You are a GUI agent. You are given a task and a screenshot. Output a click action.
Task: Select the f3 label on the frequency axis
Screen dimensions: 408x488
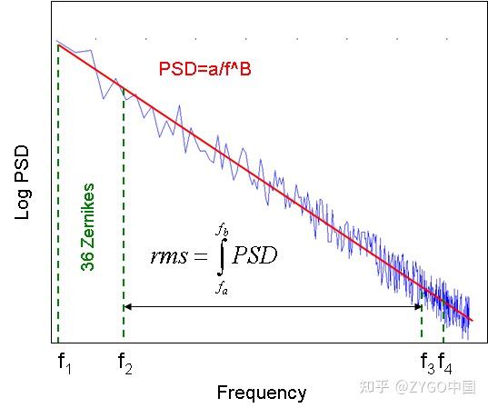427,363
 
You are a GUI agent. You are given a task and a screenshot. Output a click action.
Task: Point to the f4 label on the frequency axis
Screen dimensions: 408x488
445,363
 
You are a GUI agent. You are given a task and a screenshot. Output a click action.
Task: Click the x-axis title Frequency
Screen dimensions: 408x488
262,393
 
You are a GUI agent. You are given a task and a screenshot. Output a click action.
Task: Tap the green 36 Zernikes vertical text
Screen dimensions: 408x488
87,228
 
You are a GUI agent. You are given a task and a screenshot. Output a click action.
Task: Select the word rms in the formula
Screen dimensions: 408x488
168,256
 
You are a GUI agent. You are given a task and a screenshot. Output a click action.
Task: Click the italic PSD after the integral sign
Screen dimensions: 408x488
254,255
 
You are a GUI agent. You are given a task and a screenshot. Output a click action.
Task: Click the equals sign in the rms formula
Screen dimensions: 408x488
200,257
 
